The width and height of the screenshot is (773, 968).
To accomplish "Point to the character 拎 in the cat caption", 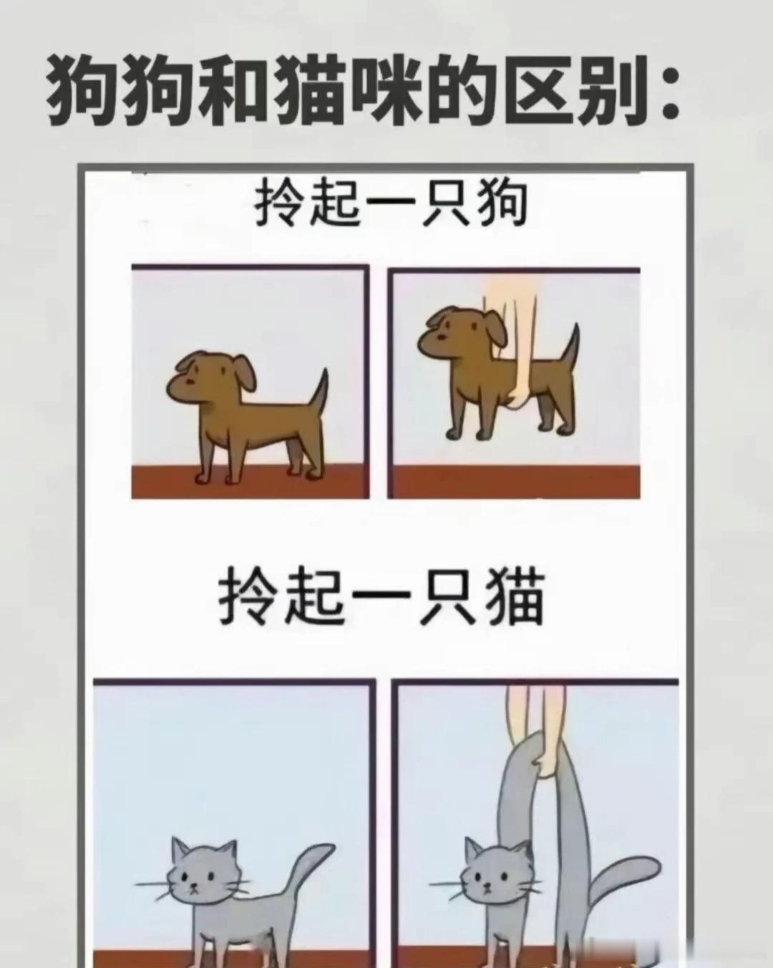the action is pos(248,595).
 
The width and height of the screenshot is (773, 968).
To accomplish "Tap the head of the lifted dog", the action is pos(460,335).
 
